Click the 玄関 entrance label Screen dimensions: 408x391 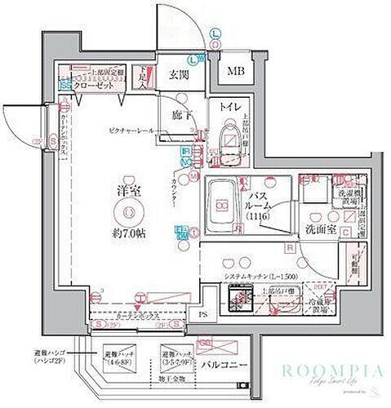click(178, 75)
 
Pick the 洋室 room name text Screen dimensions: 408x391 click(127, 189)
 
